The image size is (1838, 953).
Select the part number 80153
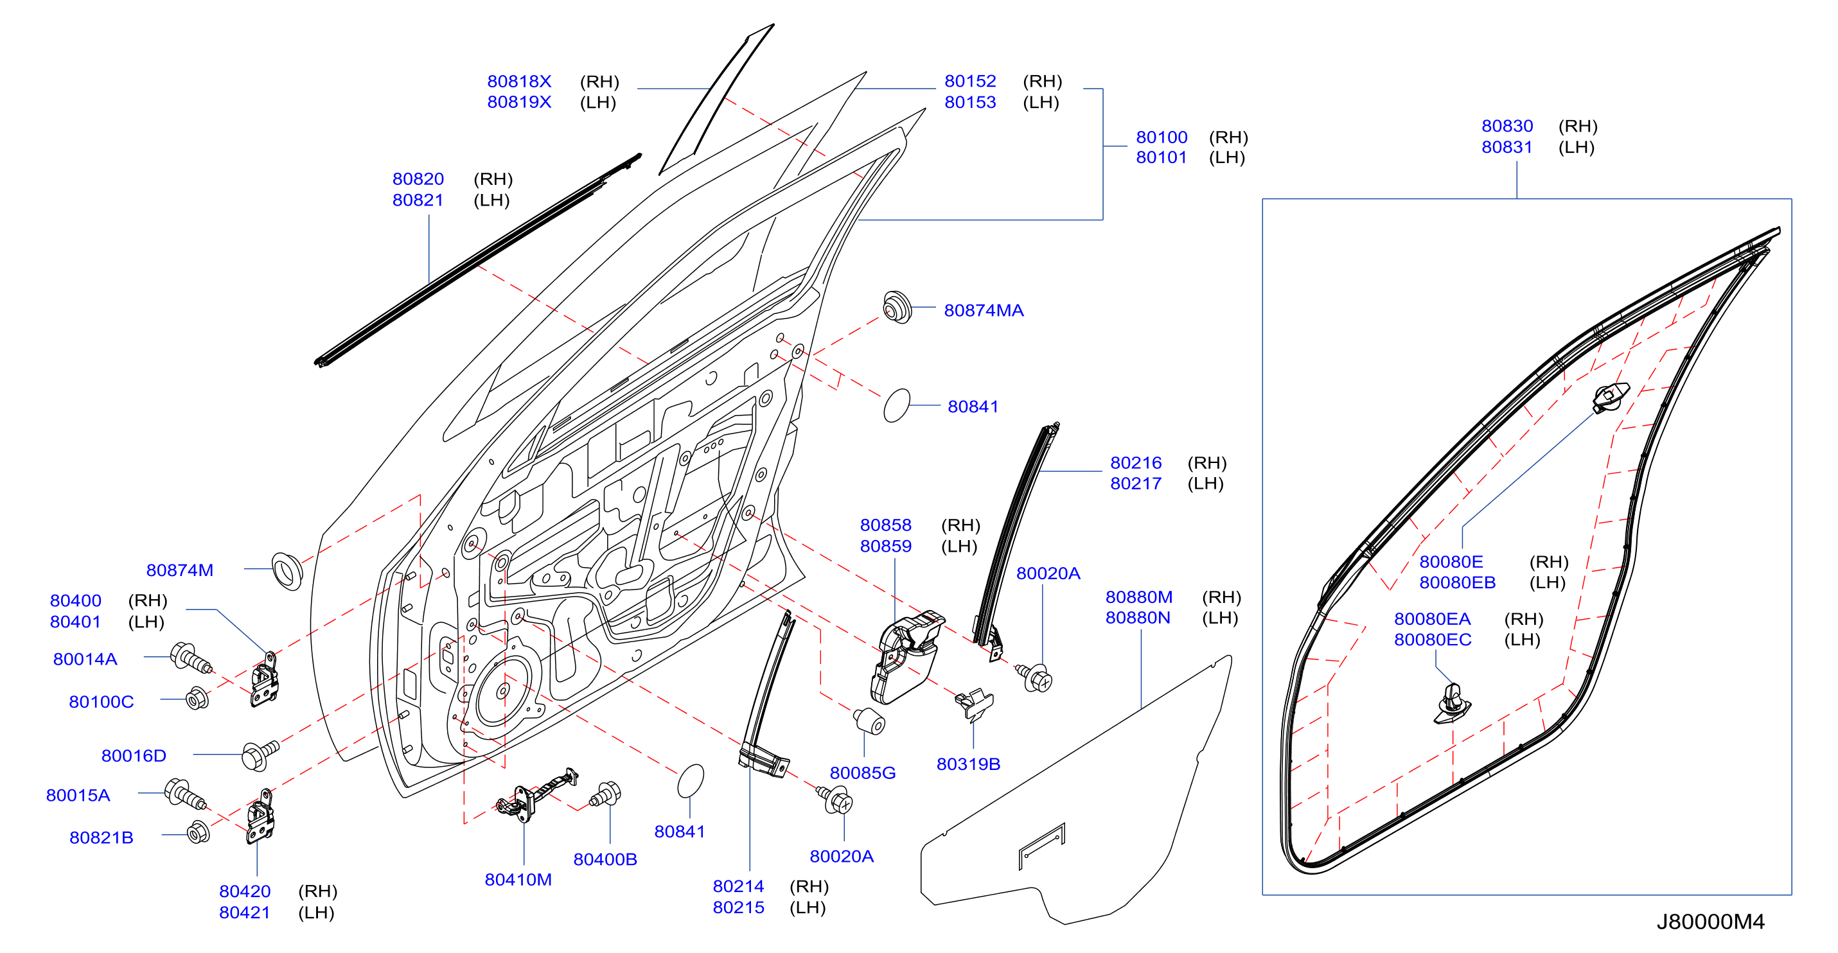(969, 102)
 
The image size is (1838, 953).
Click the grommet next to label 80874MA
(897, 308)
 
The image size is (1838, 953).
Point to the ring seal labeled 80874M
(287, 571)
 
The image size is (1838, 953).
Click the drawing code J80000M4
(1710, 922)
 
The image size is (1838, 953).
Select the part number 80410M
(518, 880)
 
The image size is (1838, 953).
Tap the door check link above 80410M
(536, 794)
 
